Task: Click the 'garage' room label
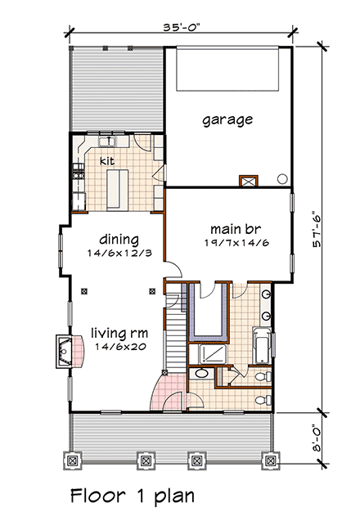pos(227,119)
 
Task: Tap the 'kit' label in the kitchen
pos(106,160)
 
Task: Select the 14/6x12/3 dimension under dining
pos(116,254)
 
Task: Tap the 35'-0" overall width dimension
pos(181,27)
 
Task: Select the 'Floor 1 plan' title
pos(133,495)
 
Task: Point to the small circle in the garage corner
pos(282,177)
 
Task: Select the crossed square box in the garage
pos(246,182)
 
